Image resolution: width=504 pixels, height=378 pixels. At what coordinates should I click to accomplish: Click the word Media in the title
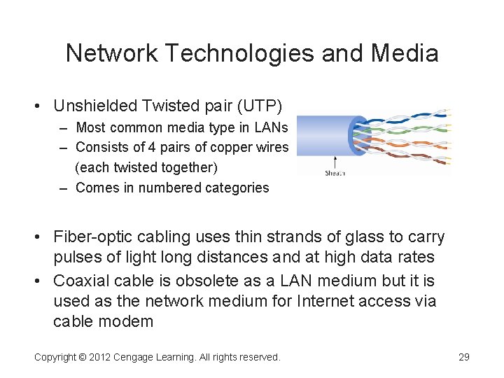[x=405, y=53]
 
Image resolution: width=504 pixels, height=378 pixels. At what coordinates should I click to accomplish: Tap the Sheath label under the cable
[x=335, y=173]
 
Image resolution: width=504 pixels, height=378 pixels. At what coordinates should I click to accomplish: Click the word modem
[x=129, y=321]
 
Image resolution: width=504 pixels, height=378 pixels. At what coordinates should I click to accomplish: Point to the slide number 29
[x=463, y=357]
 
